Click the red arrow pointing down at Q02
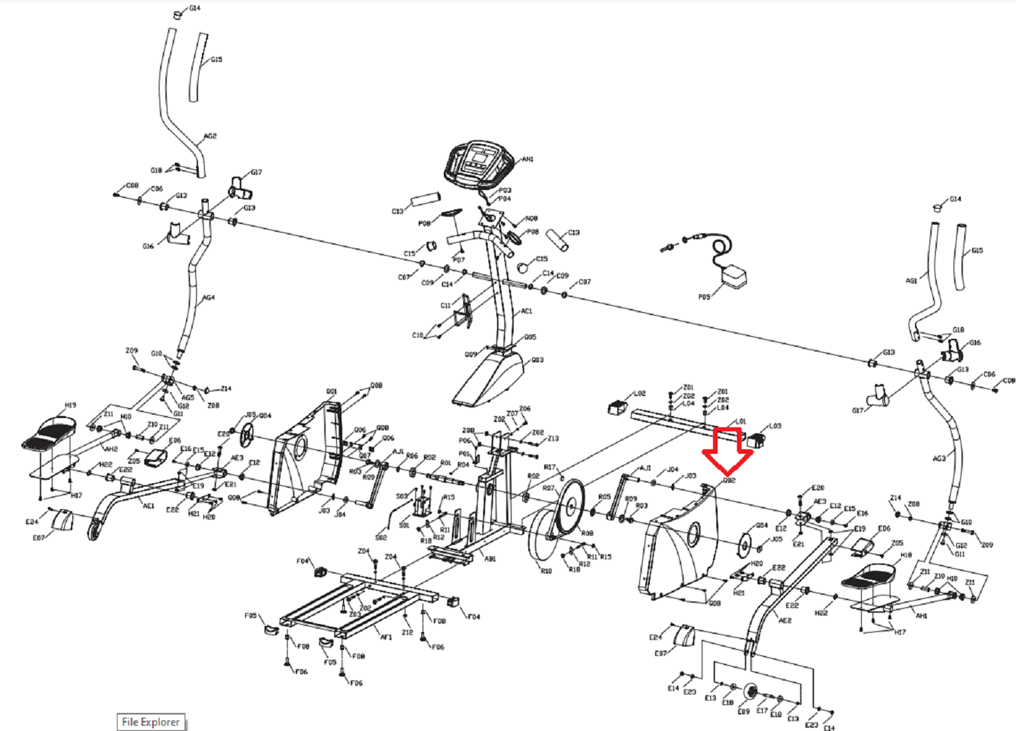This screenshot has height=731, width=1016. (x=728, y=451)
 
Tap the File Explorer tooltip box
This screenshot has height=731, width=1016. (x=151, y=722)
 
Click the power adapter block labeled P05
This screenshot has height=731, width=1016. (x=734, y=276)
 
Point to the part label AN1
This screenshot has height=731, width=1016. (x=528, y=159)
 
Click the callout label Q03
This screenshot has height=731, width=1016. (x=538, y=360)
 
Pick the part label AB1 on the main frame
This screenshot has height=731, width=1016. (x=490, y=559)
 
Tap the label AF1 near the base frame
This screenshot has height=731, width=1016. (x=386, y=637)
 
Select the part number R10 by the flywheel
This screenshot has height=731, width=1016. (x=546, y=571)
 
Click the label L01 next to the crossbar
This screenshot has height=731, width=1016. (x=741, y=422)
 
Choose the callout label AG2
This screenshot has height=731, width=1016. (x=210, y=136)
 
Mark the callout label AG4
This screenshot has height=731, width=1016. (x=209, y=298)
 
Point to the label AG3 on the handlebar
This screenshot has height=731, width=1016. (x=938, y=459)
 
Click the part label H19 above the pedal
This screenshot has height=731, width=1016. (x=70, y=405)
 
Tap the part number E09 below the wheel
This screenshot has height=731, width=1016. (x=744, y=711)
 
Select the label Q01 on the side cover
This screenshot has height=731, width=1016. (x=332, y=391)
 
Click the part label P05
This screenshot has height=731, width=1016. (x=704, y=297)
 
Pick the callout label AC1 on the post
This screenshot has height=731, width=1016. (x=526, y=311)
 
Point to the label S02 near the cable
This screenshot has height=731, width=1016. (x=381, y=537)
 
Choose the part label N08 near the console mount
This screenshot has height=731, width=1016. (x=531, y=219)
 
